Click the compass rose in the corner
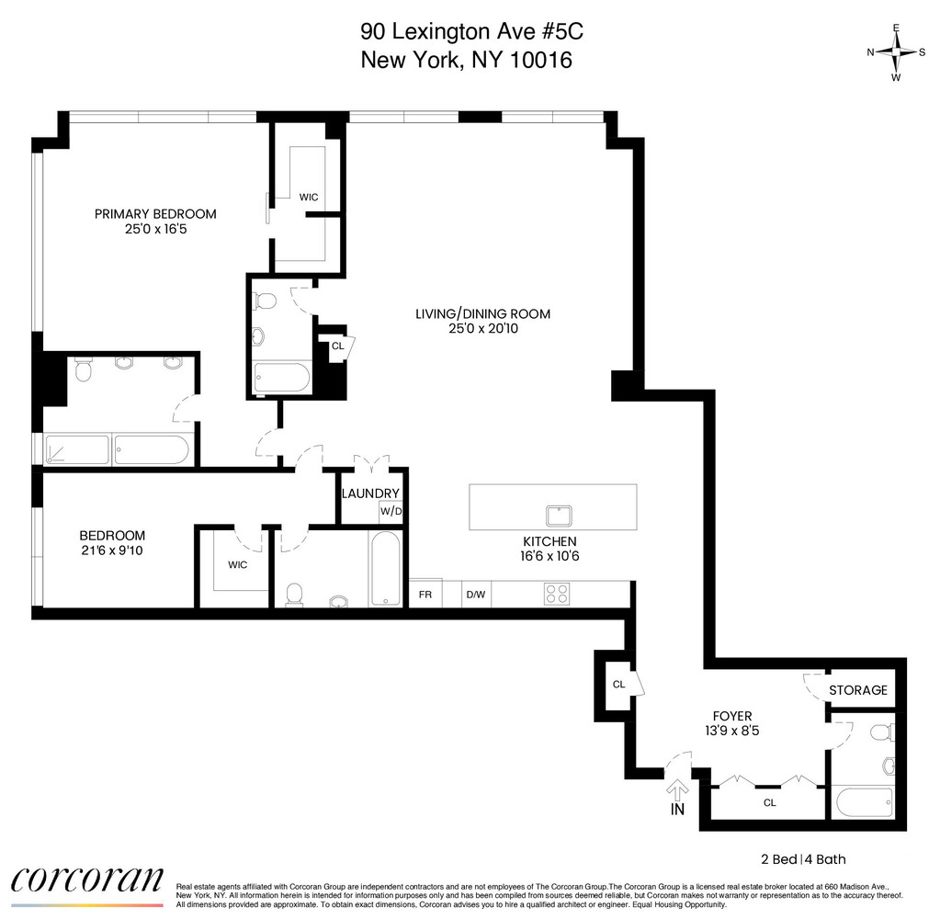(896, 52)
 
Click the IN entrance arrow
(678, 793)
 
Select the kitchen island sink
(558, 514)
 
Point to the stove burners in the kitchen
(558, 594)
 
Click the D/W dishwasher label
(475, 595)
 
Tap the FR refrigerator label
(425, 595)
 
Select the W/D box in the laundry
(391, 511)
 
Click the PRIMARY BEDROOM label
(155, 214)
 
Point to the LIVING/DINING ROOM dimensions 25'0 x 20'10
(482, 328)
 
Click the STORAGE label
(858, 690)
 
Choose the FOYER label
(732, 716)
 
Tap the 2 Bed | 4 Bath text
(803, 859)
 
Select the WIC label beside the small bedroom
(236, 564)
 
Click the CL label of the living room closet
(337, 346)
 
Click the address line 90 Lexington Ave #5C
(471, 31)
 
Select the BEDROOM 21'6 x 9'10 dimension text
(112, 550)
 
